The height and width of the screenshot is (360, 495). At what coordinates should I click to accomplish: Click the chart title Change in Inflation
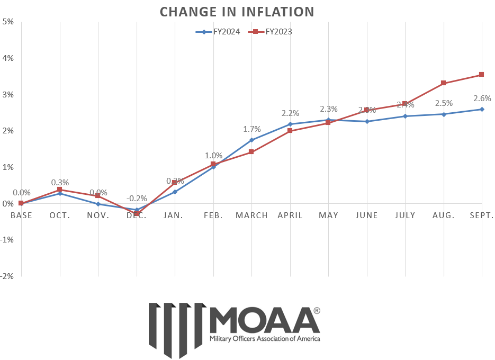[x=237, y=12]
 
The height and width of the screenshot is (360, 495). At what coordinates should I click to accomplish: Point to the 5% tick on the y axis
[x=8, y=22]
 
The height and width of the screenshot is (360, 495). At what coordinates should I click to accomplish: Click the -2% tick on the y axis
[x=7, y=276]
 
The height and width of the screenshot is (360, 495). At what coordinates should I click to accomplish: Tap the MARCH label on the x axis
[x=251, y=215]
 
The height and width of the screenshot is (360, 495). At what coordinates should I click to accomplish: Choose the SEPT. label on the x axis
[x=481, y=215]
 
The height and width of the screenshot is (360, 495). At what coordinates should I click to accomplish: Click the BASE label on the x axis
[x=21, y=215]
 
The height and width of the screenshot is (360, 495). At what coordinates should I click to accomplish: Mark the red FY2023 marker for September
[x=482, y=75]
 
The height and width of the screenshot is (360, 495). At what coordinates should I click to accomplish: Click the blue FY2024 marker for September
[x=482, y=109]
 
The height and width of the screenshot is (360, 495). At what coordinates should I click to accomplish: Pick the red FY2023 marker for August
[x=444, y=83]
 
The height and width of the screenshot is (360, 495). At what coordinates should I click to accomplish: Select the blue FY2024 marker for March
[x=251, y=140]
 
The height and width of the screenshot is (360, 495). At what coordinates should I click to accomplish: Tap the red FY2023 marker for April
[x=290, y=130]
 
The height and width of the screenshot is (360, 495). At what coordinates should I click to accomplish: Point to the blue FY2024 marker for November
[x=98, y=204]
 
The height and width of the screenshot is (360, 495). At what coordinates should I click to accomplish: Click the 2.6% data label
[x=482, y=98]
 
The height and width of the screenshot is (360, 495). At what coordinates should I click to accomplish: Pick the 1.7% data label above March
[x=251, y=129]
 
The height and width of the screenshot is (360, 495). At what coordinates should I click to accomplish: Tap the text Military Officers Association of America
[x=265, y=338]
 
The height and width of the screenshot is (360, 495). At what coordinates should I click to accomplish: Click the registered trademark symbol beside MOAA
[x=317, y=311]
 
